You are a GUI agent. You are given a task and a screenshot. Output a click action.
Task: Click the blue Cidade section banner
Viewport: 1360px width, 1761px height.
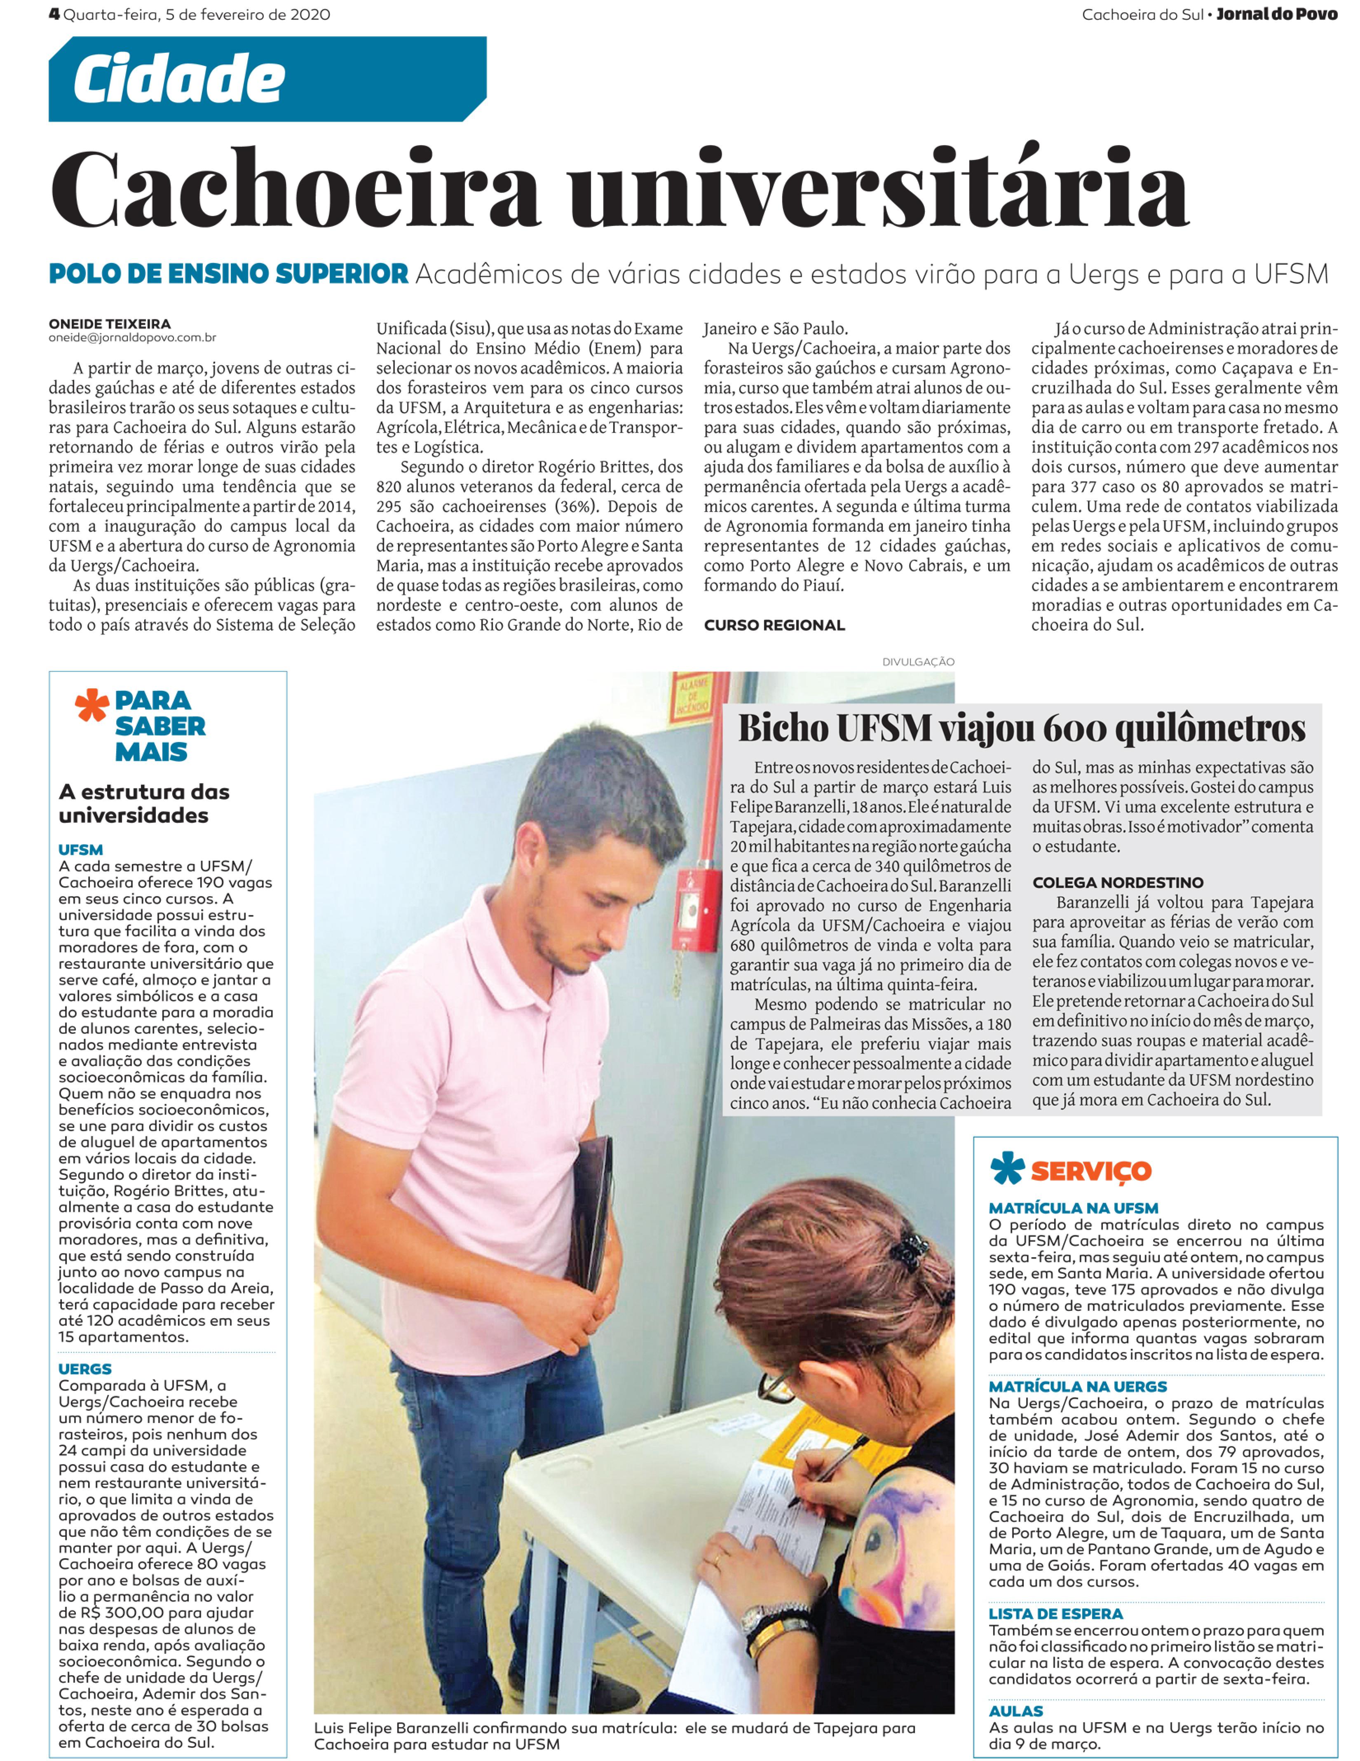coord(266,79)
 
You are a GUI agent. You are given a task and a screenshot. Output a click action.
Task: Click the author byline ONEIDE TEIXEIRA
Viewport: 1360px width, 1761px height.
coord(110,324)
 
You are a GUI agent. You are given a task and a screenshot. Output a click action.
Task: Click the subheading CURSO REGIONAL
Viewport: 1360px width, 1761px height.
coord(774,625)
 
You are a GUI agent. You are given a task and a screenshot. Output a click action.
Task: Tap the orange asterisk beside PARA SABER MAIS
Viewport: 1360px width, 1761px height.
coord(91,706)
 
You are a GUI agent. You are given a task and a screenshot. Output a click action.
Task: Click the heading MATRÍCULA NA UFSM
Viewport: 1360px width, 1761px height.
coord(1073,1208)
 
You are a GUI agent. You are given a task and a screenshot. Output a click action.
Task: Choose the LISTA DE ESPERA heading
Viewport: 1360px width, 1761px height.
coord(1055,1613)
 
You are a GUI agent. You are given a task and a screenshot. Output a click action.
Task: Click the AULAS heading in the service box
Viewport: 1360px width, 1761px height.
coord(1016,1711)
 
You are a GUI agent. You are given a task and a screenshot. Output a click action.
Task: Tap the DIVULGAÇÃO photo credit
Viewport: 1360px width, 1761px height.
coord(918,662)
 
